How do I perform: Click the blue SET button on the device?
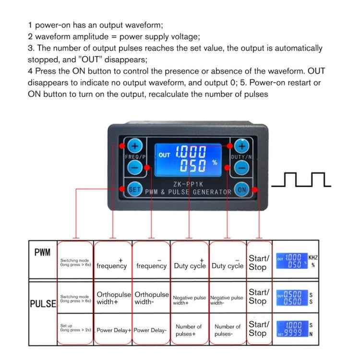[x=134, y=189]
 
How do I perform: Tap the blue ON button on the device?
[x=242, y=190]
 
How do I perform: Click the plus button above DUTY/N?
[x=242, y=145]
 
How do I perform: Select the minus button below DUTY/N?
[x=242, y=168]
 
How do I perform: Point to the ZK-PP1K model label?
[x=188, y=182]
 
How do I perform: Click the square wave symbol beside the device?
[x=301, y=180]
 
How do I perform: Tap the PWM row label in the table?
[x=42, y=252]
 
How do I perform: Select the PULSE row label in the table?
[x=43, y=303]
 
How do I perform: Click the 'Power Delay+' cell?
[x=113, y=330]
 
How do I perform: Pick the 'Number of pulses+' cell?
[x=189, y=330]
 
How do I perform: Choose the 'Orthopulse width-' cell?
[x=152, y=298]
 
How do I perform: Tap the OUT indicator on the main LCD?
[x=165, y=155]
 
